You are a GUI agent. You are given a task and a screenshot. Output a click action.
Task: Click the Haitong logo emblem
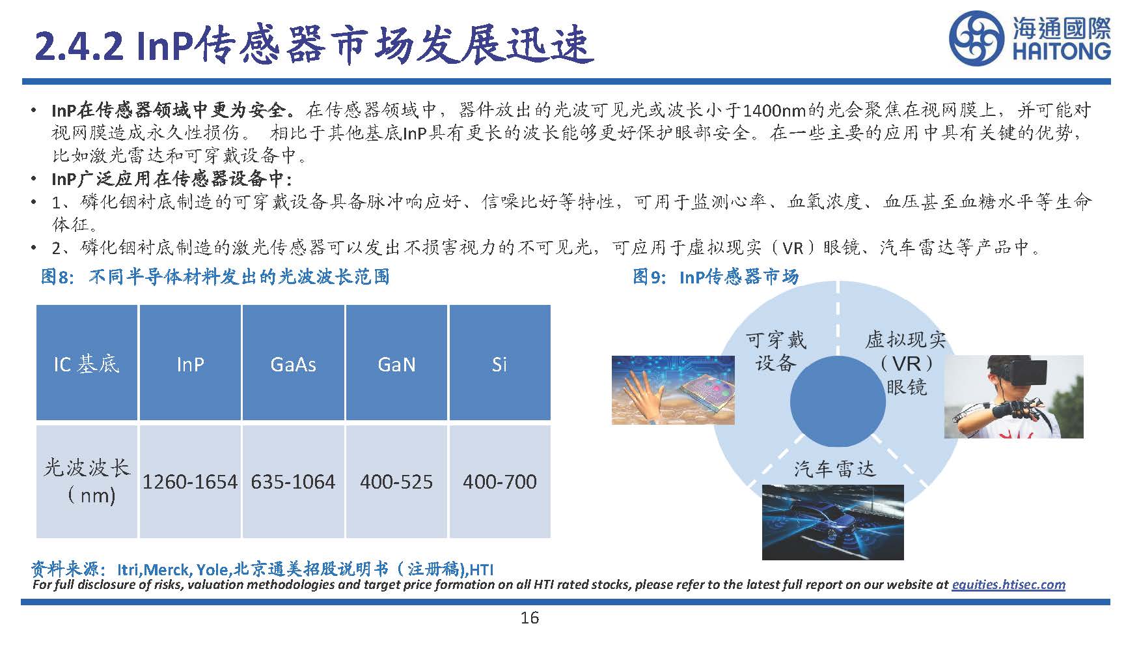pos(976,39)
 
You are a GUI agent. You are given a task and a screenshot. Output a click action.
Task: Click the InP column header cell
pos(190,364)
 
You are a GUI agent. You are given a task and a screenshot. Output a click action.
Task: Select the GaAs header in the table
pos(293,364)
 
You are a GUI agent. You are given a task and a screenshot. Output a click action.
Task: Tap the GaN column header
pos(396,364)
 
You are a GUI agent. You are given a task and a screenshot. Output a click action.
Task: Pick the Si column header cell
pos(499,364)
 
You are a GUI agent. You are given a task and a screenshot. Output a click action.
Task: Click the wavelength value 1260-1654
pos(190,482)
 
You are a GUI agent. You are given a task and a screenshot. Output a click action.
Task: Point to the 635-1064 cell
pos(293,482)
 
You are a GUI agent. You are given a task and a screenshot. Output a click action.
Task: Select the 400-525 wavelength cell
pos(396,482)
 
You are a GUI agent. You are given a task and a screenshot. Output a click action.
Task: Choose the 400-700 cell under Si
pos(500,482)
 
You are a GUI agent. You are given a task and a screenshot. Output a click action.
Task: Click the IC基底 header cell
pos(87,364)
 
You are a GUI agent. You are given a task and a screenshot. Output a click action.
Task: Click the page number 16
pos(530,618)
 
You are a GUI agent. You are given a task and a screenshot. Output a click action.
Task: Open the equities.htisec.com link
pos(1008,584)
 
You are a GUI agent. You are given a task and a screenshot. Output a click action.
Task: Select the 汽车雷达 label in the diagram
pos(834,469)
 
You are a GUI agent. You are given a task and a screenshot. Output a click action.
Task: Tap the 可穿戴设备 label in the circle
pos(776,351)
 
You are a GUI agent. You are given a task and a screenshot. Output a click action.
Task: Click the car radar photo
pos(832,521)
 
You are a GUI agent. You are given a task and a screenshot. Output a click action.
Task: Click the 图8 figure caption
pos(215,277)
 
